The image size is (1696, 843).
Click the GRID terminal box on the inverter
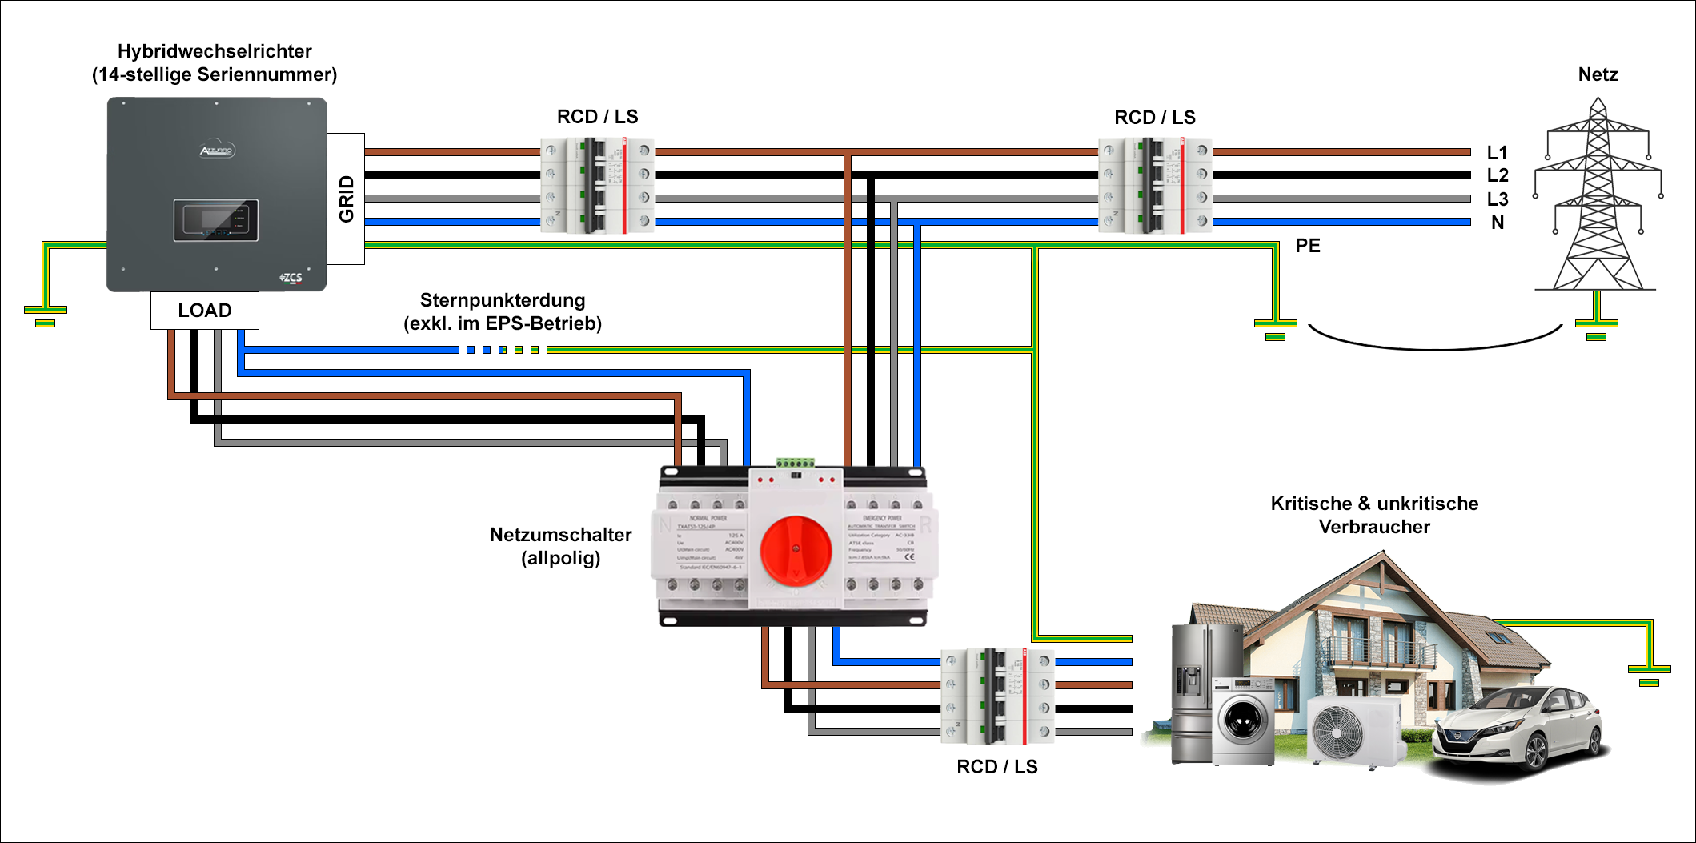click(x=346, y=199)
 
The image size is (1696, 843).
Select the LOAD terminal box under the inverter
click(x=205, y=310)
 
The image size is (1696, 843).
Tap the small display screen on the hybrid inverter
click(x=216, y=220)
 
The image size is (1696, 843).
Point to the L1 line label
click(x=1497, y=152)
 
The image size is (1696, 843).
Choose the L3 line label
click(x=1497, y=199)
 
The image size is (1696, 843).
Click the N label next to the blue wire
click(x=1497, y=223)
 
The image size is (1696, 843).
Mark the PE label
click(x=1308, y=246)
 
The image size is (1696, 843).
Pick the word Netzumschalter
click(x=560, y=535)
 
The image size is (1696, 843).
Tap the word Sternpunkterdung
click(x=503, y=300)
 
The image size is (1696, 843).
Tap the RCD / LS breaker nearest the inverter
click(x=597, y=186)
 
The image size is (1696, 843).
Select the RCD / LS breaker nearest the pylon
click(x=1155, y=186)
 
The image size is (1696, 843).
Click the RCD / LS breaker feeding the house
click(x=997, y=696)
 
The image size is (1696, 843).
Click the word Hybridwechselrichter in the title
click(x=215, y=51)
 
